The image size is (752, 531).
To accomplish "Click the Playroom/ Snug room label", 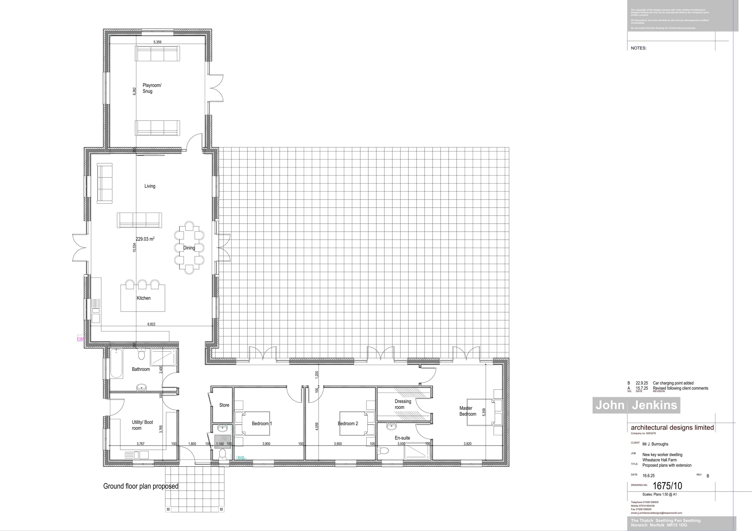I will (152, 88).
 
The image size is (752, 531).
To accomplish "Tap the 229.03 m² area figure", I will (145, 239).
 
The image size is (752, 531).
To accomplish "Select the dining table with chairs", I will (189, 248).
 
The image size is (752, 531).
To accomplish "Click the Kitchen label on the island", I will (143, 298).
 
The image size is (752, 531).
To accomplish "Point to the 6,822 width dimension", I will (151, 324).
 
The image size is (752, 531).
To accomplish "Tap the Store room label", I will (224, 405).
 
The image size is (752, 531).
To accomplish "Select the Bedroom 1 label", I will (262, 423).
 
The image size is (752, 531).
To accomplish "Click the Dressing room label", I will (403, 404).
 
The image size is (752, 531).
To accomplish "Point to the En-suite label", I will (402, 438).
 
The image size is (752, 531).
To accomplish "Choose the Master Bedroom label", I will (467, 411).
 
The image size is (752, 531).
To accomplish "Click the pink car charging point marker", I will (80, 339).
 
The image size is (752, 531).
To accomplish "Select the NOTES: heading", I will (638, 48).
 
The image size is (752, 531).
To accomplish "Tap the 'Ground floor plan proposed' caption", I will (141, 486).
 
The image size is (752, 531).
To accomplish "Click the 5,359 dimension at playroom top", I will (157, 42).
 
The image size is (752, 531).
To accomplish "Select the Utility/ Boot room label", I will (142, 425).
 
